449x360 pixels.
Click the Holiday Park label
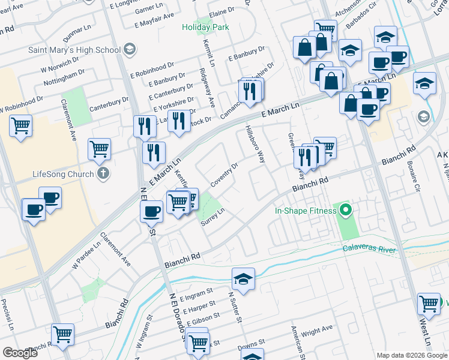[206, 27]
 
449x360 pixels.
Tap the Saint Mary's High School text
[74, 49]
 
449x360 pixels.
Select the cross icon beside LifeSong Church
[104, 175]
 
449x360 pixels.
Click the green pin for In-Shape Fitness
[345, 211]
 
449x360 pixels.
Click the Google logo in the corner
[21, 353]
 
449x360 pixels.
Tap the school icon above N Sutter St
[243, 278]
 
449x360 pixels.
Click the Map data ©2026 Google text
[411, 355]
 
